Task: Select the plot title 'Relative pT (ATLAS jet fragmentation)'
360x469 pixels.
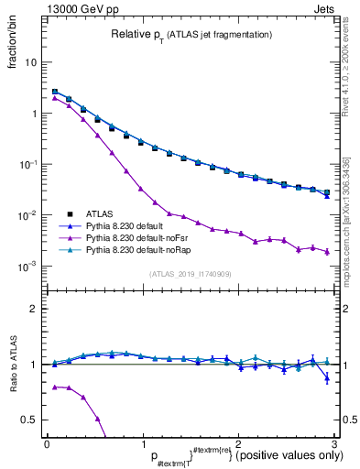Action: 192,35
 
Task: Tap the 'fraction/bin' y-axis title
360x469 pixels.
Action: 12,50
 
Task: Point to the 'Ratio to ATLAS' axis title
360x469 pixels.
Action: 12,364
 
